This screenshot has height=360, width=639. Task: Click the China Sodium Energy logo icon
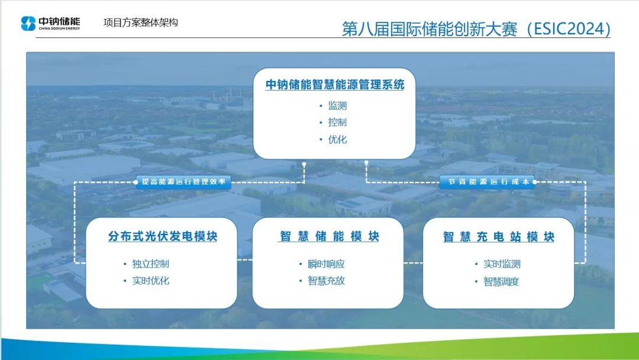28,23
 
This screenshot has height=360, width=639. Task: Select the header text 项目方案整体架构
141,22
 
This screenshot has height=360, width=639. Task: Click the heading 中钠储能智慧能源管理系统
334,85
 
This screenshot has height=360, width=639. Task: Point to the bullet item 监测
337,105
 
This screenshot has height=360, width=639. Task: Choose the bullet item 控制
337,123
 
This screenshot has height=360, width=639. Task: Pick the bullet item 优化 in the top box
337,139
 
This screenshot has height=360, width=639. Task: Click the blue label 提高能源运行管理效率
183,182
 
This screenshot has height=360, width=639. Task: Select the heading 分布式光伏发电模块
163,236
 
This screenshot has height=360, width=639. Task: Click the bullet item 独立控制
150,263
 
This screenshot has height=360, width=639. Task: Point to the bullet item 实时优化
150,281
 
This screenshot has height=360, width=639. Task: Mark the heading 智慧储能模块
330,236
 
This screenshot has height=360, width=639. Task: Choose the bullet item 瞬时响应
326,263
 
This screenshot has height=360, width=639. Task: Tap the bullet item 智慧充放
326,281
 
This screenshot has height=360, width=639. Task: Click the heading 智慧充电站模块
498,237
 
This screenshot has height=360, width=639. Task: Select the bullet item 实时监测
502,263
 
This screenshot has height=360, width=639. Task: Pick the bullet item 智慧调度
501,281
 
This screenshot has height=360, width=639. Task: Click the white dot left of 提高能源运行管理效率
135,182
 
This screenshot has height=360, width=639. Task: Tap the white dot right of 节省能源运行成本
535,182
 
